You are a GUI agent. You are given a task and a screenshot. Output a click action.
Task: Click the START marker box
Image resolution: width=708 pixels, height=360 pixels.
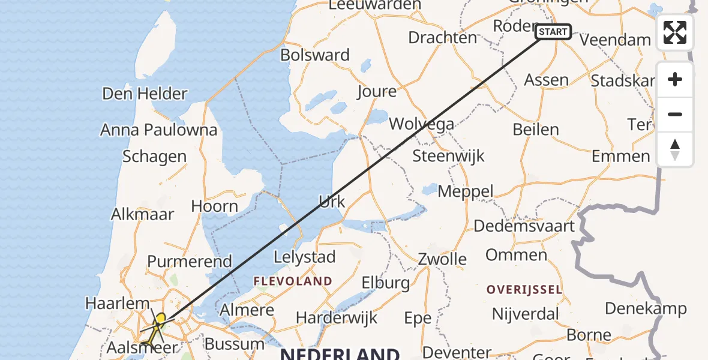coord(553,32)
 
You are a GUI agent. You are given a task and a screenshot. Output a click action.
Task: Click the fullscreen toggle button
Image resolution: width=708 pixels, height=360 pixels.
coord(675,32)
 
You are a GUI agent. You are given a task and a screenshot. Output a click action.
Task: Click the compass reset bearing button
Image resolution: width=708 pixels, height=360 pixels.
coord(675,149)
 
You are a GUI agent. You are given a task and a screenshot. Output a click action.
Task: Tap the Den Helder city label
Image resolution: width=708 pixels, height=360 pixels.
coord(145,94)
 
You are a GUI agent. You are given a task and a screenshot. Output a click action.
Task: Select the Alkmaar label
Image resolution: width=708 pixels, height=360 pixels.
coord(143,214)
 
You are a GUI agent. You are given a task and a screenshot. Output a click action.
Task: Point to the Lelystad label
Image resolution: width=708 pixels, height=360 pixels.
coord(304,257)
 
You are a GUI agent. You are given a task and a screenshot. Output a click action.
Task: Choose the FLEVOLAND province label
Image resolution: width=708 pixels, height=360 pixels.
coord(293,281)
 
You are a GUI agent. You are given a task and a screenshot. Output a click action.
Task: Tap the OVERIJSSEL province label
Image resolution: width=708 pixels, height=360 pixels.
coord(524,290)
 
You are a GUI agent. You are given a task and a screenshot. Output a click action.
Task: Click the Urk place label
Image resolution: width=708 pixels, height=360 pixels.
coord(332,202)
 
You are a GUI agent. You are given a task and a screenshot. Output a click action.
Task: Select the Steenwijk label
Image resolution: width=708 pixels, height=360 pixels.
coord(448,156)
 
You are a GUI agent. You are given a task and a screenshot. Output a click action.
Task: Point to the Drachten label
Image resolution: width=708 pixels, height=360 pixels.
coord(442,37)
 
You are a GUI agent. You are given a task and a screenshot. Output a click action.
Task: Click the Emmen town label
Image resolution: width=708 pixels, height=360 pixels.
coord(620,157)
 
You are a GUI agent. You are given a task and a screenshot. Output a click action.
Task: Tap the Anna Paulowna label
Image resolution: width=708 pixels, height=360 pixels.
coord(158,130)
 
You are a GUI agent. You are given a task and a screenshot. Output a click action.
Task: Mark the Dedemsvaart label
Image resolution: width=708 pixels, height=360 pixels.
coord(524,226)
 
